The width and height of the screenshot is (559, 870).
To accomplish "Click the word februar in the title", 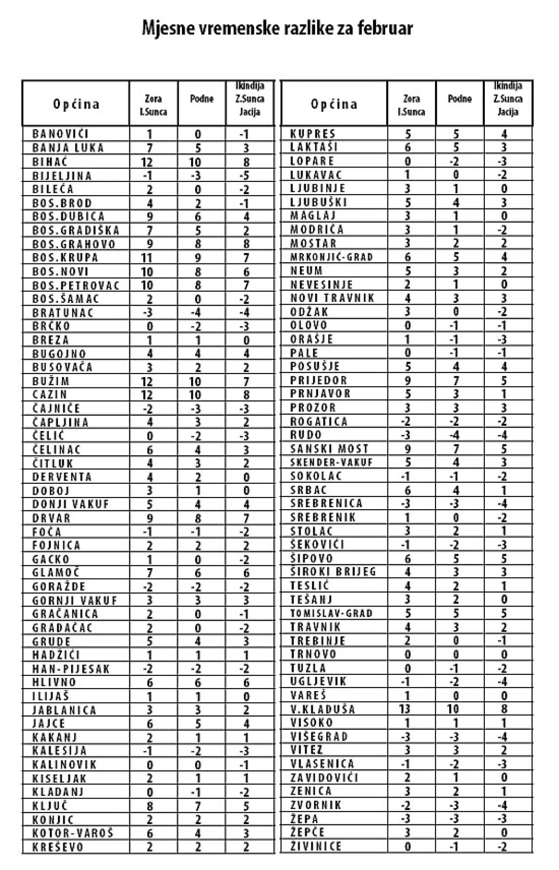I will [385, 29].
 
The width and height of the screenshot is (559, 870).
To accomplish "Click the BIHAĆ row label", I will [50, 162].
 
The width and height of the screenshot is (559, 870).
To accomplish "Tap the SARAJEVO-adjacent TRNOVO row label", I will [313, 654].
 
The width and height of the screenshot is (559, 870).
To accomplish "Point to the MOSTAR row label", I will [313, 244].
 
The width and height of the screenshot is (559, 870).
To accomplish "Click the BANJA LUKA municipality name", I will [68, 148].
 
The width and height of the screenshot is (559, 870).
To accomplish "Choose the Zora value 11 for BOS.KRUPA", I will [147, 258].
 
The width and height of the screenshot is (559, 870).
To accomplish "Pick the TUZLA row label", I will [308, 668].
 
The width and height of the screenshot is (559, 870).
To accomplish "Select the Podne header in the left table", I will [201, 99].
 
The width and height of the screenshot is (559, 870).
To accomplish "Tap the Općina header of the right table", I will [334, 104].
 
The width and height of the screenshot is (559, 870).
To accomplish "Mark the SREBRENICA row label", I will [326, 503].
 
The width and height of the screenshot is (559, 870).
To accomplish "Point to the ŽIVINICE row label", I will [315, 846].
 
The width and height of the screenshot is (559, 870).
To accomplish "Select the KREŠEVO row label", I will [58, 847].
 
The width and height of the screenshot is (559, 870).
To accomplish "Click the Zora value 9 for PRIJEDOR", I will [408, 381].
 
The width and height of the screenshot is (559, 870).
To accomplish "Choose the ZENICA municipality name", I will [311, 791].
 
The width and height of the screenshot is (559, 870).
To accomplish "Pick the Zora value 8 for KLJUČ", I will [150, 806].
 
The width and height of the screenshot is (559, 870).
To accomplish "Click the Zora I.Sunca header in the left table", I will [153, 105].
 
